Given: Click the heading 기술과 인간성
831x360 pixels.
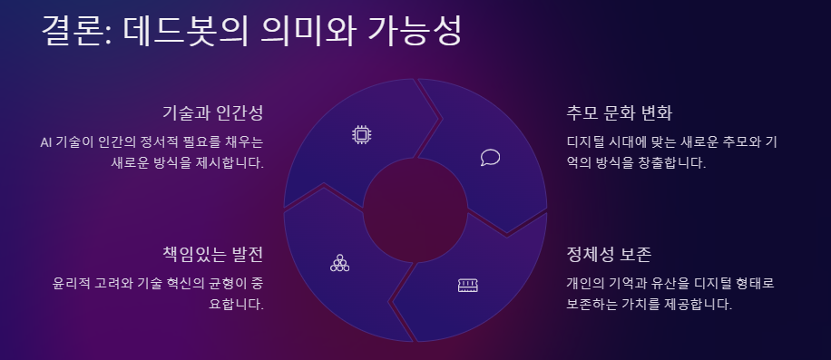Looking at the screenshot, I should [x=212, y=113].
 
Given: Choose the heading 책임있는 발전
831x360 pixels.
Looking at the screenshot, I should [x=212, y=252].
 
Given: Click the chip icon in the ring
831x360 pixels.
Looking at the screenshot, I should [x=362, y=135].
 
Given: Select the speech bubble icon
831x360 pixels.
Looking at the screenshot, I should [x=490, y=157].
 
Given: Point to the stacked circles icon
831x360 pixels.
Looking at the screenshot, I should [x=340, y=263].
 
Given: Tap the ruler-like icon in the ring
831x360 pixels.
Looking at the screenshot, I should [x=468, y=286].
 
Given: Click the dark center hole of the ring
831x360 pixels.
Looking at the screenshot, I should [x=415, y=209].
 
